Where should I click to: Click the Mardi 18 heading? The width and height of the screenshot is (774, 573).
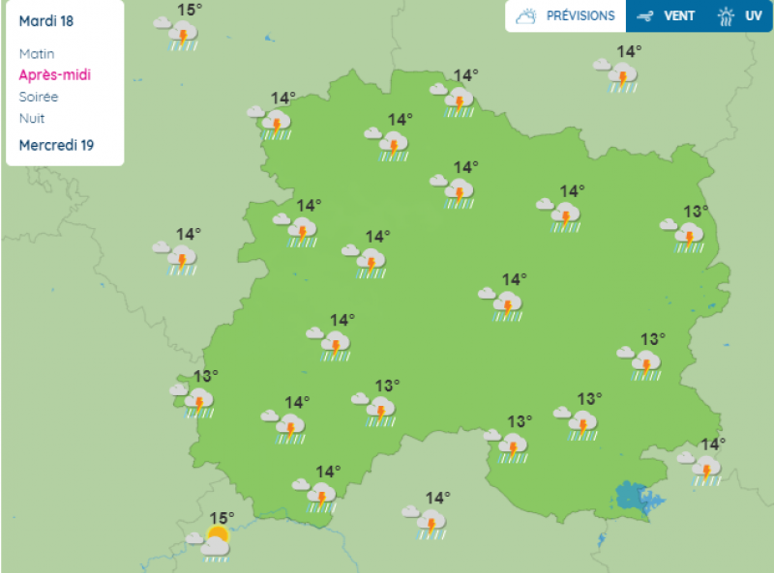[46, 21]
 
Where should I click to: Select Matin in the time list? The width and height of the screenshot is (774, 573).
[37, 54]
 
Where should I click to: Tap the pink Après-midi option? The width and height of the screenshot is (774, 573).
[55, 75]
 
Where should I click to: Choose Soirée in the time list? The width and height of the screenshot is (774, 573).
[39, 97]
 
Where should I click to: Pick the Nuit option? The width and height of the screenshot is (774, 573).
[32, 118]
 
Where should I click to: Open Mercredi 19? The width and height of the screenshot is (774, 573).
[56, 145]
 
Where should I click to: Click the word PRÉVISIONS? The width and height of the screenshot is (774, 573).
[580, 16]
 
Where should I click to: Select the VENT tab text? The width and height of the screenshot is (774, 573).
[679, 16]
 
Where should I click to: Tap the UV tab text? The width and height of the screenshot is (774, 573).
[753, 16]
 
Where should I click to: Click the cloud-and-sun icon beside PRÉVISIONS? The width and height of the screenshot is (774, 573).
[527, 16]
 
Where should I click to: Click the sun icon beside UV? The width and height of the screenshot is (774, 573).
[726, 16]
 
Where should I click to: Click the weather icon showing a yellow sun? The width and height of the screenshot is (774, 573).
[214, 542]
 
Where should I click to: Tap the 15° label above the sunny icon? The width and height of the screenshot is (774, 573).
[222, 518]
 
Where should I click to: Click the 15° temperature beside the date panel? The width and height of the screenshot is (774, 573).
[190, 10]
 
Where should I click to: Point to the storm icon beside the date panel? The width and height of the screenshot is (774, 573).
[180, 35]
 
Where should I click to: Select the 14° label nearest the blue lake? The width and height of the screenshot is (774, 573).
[713, 444]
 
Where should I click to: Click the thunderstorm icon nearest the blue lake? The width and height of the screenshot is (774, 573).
[704, 469]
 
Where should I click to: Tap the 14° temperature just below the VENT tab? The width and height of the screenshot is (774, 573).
[630, 51]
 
